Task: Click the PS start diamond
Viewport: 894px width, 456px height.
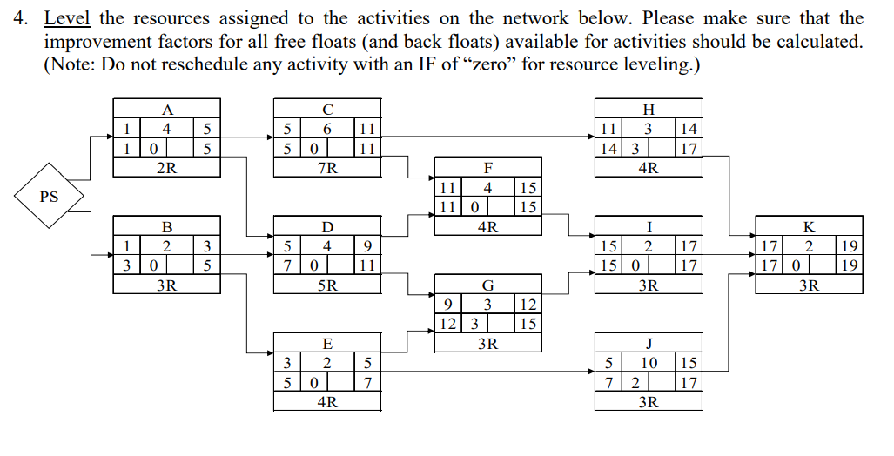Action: click(50, 197)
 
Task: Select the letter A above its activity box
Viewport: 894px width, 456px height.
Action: click(167, 110)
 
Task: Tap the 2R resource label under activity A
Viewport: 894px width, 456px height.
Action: click(167, 168)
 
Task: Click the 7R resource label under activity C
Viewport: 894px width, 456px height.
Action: click(327, 168)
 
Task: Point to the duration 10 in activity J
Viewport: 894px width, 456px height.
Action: click(649, 362)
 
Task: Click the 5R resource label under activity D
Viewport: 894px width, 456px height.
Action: click(327, 285)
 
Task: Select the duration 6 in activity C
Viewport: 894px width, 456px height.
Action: click(327, 129)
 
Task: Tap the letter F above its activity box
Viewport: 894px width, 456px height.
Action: click(487, 168)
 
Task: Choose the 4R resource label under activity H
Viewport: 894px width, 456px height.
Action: click(649, 168)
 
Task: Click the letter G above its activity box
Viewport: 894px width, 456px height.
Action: click(487, 285)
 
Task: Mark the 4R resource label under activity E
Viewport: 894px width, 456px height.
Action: click(327, 401)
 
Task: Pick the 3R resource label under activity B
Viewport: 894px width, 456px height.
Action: click(167, 285)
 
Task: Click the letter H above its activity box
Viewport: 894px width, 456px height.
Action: click(649, 110)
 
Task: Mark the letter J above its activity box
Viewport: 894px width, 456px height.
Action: click(649, 343)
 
